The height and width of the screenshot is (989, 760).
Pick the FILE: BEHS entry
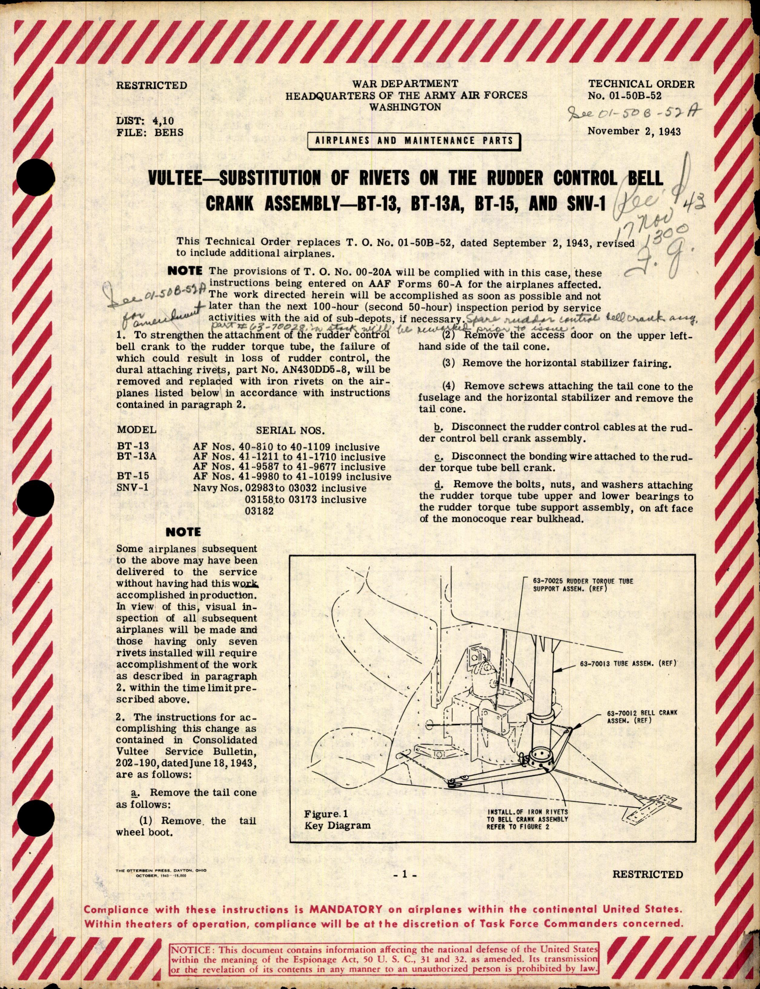coord(150,132)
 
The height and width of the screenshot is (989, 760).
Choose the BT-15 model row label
coord(133,476)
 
